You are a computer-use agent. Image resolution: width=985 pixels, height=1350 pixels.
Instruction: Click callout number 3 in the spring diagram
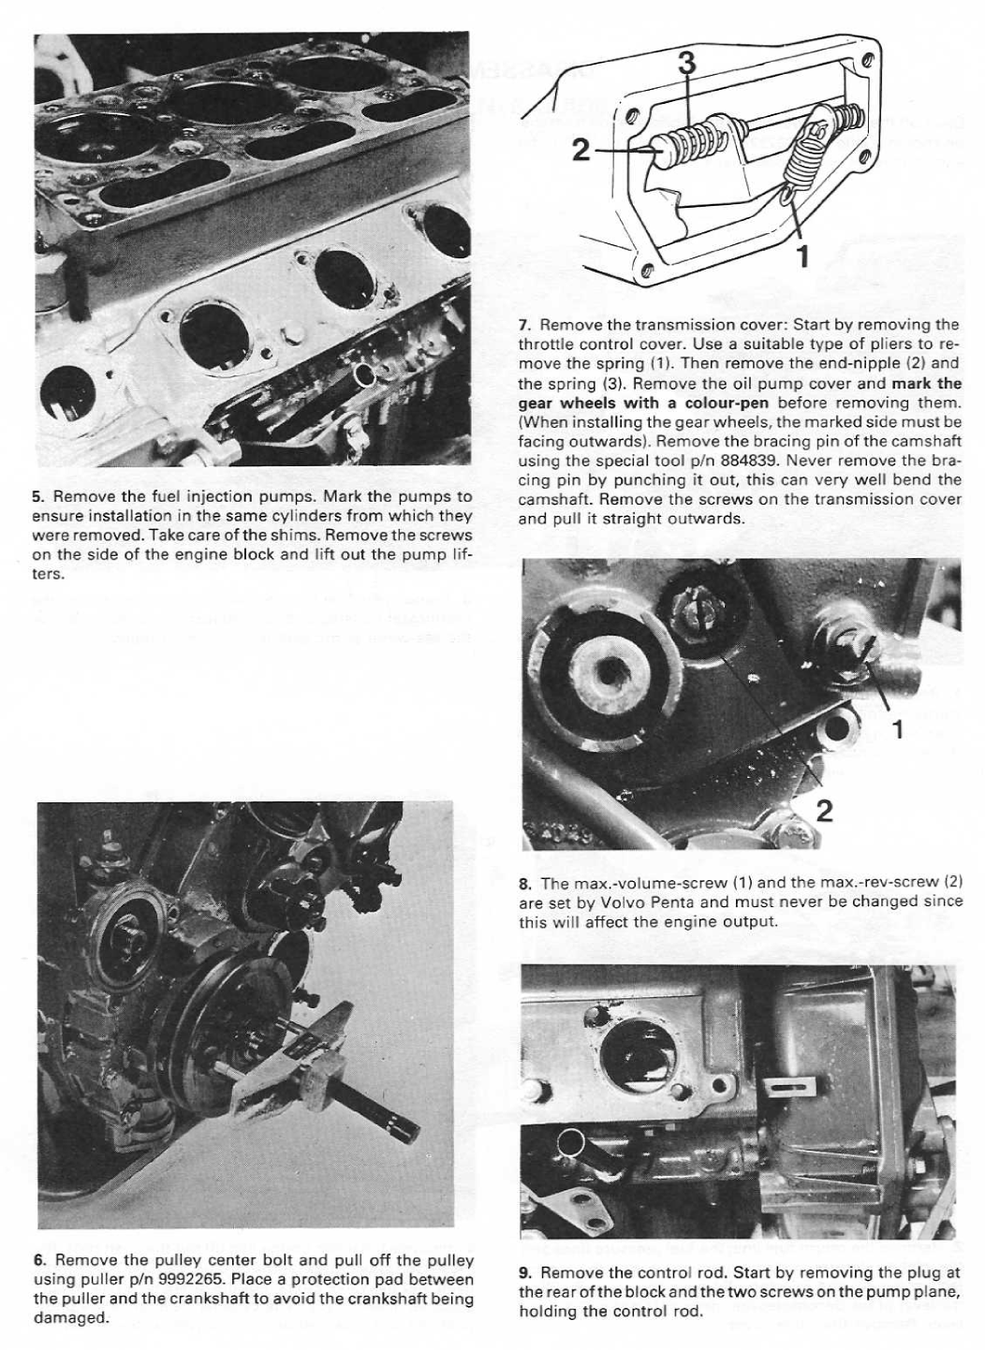[x=686, y=64]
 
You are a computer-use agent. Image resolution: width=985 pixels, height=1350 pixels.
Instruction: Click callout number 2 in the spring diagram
[x=581, y=149]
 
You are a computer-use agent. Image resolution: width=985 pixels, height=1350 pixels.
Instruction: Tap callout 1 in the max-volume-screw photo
[x=897, y=729]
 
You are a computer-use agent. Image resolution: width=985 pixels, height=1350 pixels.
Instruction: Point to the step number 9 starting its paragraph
[x=524, y=1272]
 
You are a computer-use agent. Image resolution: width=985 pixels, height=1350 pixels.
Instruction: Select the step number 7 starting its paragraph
[x=524, y=325]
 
